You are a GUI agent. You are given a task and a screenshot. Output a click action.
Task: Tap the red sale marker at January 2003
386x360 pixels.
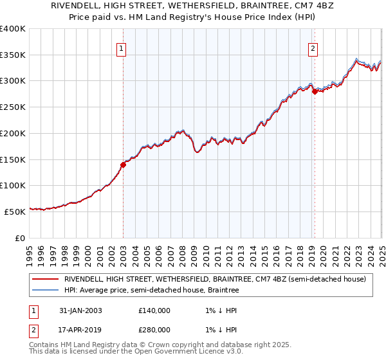[x=123, y=165]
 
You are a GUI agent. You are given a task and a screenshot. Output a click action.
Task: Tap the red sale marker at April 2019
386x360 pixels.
[x=315, y=91]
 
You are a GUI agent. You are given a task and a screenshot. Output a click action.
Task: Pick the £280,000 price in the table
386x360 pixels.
[x=154, y=329]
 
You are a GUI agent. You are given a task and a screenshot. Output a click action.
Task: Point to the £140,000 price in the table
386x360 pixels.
[x=154, y=310]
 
